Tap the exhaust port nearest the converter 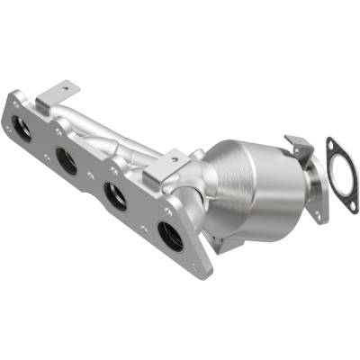(x=169, y=236)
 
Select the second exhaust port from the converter (x=115, y=196)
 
